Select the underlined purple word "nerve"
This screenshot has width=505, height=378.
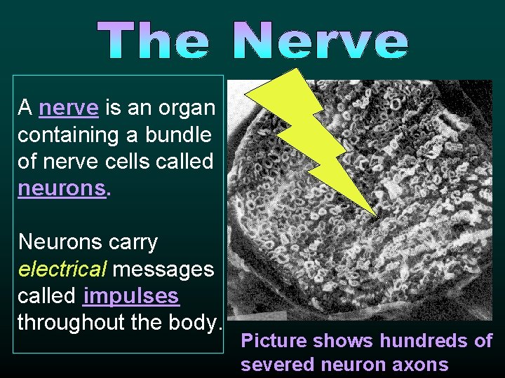click(x=69, y=108)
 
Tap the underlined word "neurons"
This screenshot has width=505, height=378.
click(x=62, y=189)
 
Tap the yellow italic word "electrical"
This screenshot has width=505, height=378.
click(x=61, y=269)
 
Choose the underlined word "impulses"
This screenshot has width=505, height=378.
click(x=131, y=296)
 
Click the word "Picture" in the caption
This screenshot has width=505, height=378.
click(x=274, y=341)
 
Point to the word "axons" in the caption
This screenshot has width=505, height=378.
click(x=421, y=364)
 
